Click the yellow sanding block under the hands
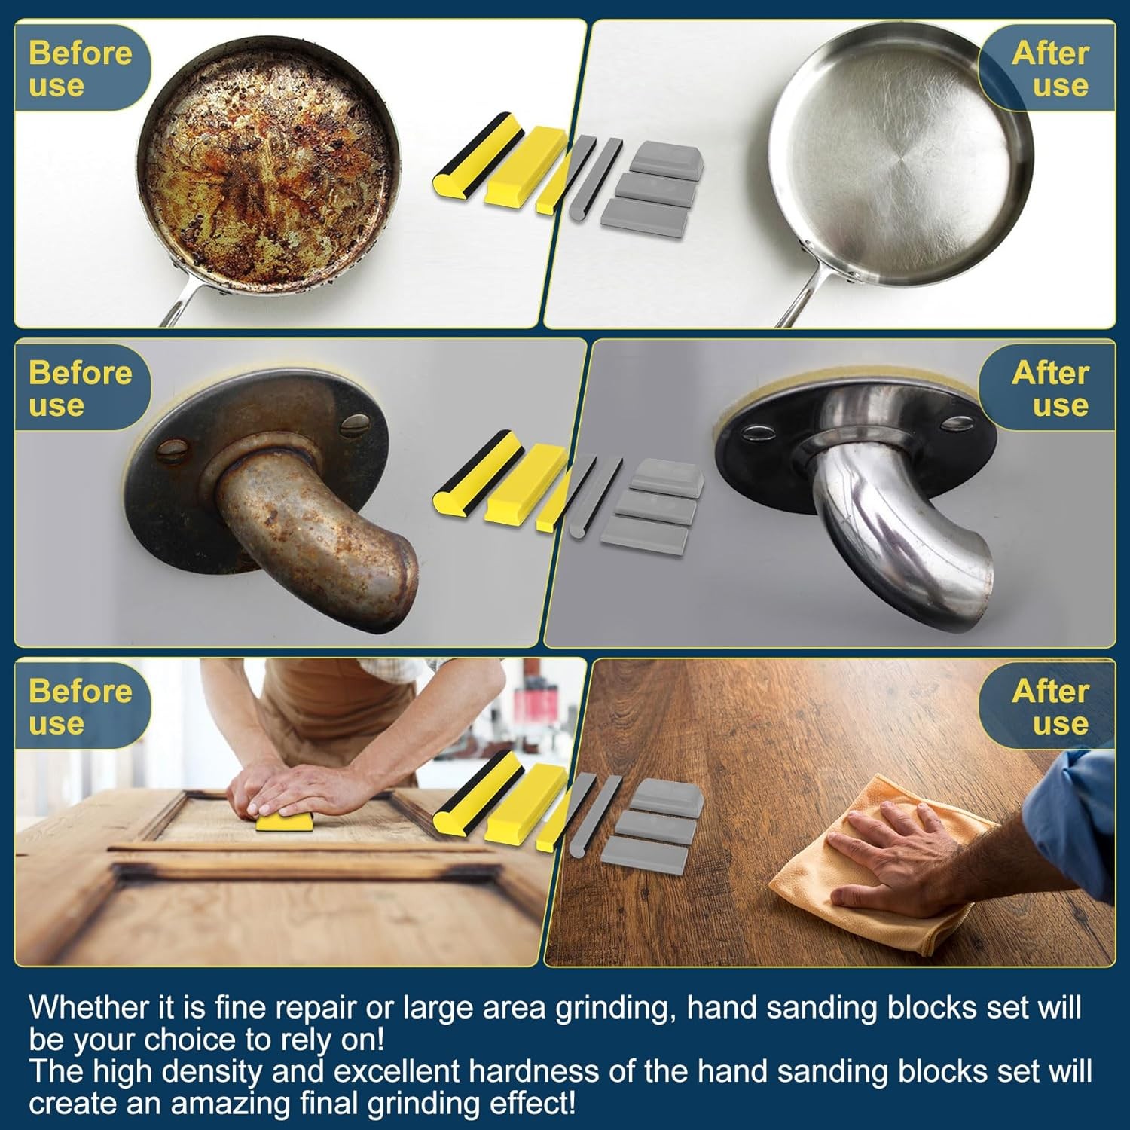click(285, 820)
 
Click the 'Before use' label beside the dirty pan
click(80, 69)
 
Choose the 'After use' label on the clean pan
click(1050, 69)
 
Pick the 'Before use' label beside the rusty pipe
click(80, 389)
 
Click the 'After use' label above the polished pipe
click(1050, 389)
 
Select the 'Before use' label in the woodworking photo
click(80, 707)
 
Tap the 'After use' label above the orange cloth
click(1050, 707)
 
